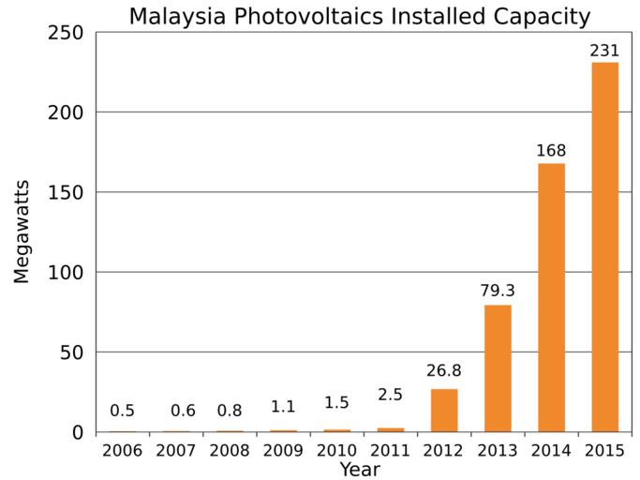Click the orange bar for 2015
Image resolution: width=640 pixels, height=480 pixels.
604,247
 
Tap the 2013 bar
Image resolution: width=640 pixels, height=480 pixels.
498,367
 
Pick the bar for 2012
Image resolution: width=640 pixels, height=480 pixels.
444,410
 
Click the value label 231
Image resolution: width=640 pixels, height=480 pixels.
604,51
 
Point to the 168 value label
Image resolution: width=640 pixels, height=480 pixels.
551,151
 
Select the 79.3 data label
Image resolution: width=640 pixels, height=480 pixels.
498,292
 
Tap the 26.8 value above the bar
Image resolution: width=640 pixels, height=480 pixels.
444,371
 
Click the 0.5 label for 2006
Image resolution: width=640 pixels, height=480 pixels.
123,411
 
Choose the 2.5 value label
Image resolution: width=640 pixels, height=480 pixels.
390,396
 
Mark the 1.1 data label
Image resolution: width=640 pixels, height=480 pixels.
283,407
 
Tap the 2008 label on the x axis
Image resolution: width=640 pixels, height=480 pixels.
230,451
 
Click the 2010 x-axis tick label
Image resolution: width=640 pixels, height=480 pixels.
336,451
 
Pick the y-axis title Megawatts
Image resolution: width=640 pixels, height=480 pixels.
22,232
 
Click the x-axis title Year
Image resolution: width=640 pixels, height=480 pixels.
360,469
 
